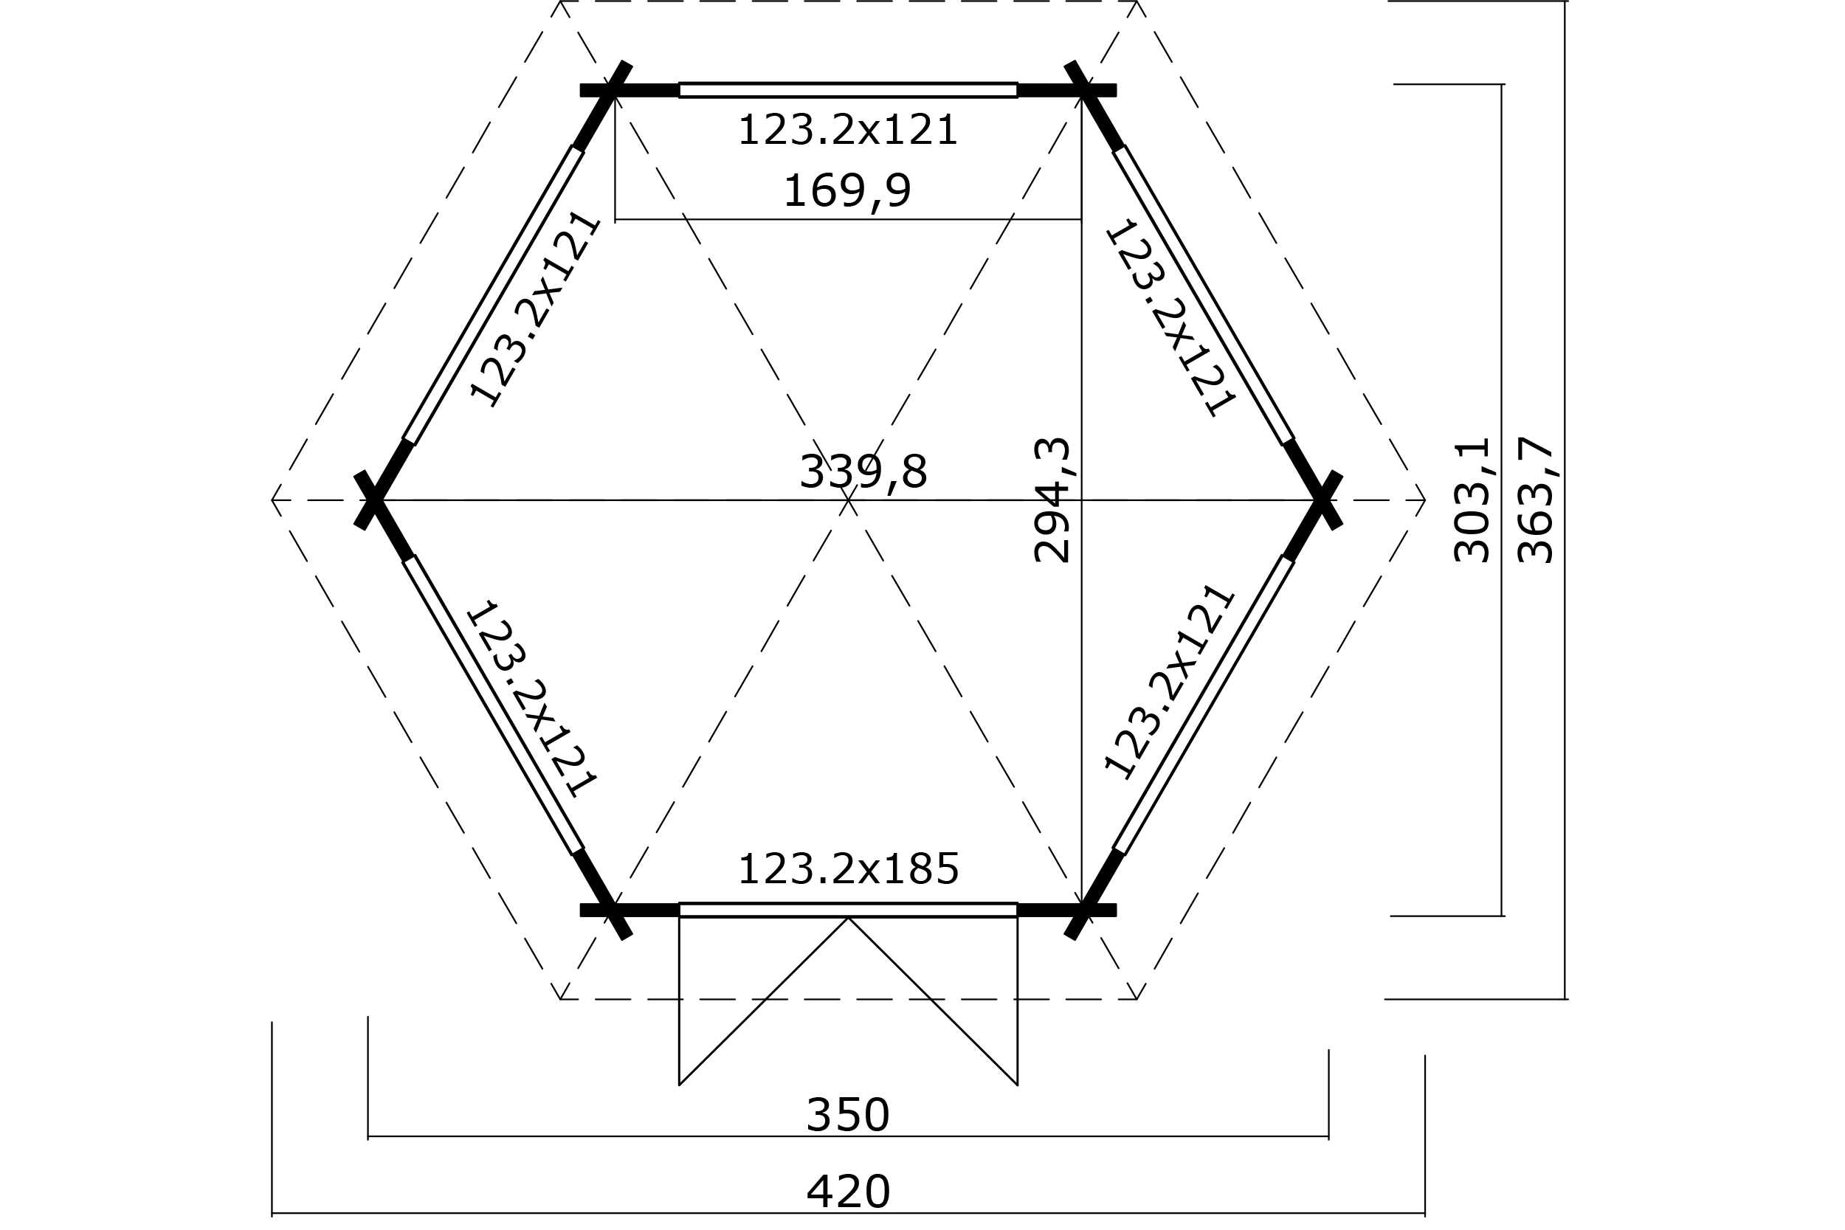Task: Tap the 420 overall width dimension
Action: [x=847, y=1192]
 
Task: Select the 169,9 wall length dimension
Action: [x=847, y=190]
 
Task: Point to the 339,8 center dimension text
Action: [x=863, y=473]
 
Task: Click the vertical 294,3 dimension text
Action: [x=1052, y=500]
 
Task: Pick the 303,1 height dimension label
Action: [x=1472, y=500]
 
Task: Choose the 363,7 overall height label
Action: [x=1535, y=500]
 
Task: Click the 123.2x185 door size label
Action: [x=848, y=869]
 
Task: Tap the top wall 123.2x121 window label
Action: [x=848, y=130]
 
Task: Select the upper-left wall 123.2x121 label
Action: [x=534, y=309]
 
